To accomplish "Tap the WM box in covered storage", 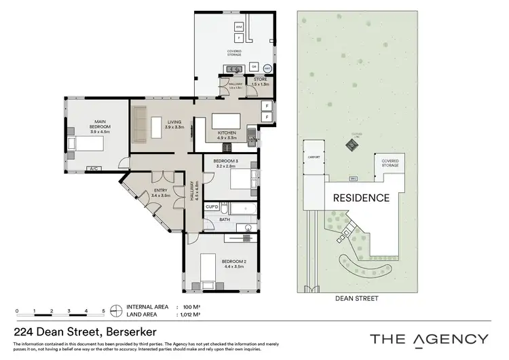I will click(239, 26).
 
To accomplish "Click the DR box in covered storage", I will click(254, 67).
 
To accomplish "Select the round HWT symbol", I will click(267, 68).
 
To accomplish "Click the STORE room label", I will click(261, 81).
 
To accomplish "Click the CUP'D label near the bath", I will click(211, 206).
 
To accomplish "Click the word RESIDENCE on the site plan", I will click(360, 198).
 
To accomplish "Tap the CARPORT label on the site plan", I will click(313, 156).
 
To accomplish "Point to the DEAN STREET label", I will click(356, 298).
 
